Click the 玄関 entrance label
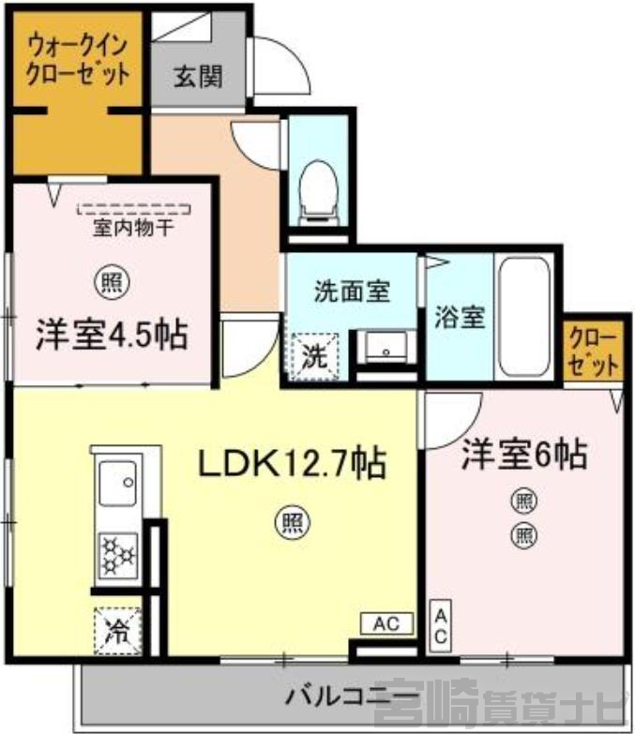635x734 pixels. (198, 76)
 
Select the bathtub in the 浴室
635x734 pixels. (523, 318)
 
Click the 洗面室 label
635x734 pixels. (352, 292)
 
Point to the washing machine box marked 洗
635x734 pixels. (314, 356)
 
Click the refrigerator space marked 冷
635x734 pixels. (117, 630)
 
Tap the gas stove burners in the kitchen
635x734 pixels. (118, 556)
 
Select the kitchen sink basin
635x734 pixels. (118, 483)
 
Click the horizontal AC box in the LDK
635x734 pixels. (386, 623)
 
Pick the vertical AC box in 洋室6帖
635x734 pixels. (440, 626)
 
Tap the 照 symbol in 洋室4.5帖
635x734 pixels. (113, 282)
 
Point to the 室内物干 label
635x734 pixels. (133, 228)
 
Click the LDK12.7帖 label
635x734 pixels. (293, 462)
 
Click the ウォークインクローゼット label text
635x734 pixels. (78, 60)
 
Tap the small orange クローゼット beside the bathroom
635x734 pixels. (593, 351)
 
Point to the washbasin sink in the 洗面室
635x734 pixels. (386, 347)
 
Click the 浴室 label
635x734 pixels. (460, 318)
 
